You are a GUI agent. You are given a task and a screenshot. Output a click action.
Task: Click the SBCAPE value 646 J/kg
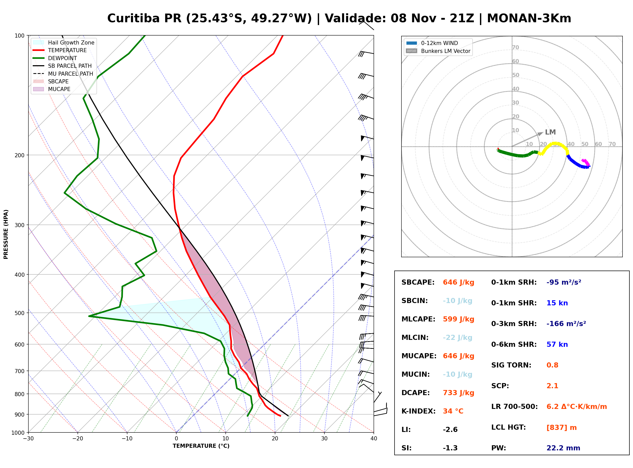click(x=459, y=282)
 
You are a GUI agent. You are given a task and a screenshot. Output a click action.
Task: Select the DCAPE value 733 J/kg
click(x=459, y=393)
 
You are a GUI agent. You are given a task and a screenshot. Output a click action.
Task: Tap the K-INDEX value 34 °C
click(x=453, y=411)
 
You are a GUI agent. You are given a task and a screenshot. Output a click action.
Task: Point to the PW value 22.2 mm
click(x=563, y=448)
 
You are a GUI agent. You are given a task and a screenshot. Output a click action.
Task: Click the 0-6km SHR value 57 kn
click(x=557, y=344)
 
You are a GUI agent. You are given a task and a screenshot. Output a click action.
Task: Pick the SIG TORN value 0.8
click(x=552, y=365)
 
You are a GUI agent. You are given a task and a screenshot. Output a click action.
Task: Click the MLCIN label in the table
click(x=415, y=338)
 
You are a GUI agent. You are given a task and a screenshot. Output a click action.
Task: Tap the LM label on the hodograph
click(x=550, y=132)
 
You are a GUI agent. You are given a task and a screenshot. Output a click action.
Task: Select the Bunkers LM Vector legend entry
click(x=438, y=51)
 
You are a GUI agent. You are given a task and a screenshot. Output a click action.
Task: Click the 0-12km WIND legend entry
click(x=432, y=43)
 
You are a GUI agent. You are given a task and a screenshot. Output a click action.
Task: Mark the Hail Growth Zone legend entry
click(x=63, y=42)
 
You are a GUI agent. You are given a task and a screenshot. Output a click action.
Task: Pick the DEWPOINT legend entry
click(x=55, y=58)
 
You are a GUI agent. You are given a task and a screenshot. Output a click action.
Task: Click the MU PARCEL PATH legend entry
click(x=63, y=74)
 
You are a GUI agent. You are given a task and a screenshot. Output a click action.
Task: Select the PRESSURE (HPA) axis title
click(x=6, y=234)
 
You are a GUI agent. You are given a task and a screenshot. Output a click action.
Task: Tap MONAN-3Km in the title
click(x=529, y=18)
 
